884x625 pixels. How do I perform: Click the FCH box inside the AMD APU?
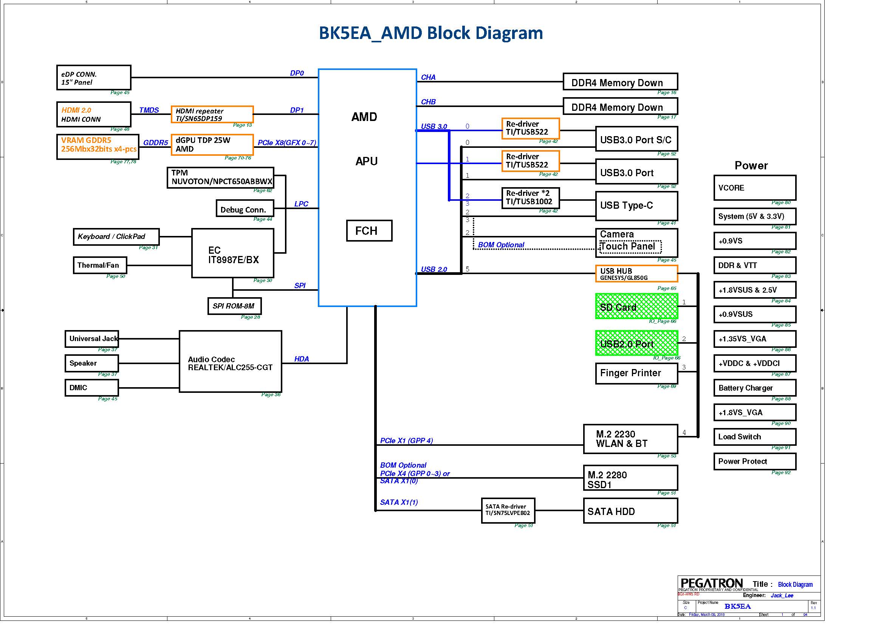pyautogui.click(x=369, y=231)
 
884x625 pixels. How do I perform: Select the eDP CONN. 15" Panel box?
pyautogui.click(x=94, y=78)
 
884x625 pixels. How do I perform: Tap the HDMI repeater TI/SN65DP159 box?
pyautogui.click(x=212, y=114)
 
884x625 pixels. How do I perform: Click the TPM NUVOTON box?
pyautogui.click(x=220, y=178)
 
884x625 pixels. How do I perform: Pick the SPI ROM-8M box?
pyautogui.click(x=234, y=306)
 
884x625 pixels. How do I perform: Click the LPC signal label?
pyautogui.click(x=301, y=204)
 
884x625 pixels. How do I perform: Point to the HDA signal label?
pyautogui.click(x=302, y=359)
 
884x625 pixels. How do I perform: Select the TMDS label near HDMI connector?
pyautogui.click(x=149, y=110)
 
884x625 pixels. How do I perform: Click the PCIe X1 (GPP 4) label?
pyautogui.click(x=406, y=440)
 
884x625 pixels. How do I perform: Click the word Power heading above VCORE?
pyautogui.click(x=751, y=166)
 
